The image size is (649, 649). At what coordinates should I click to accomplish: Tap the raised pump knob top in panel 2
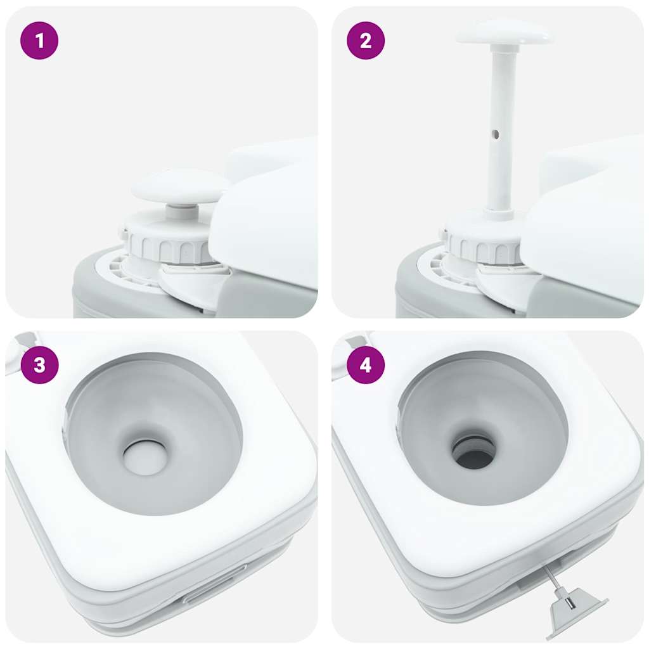(504, 32)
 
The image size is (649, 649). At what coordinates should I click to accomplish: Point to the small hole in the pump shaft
(496, 134)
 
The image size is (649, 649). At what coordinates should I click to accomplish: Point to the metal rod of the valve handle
(551, 578)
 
